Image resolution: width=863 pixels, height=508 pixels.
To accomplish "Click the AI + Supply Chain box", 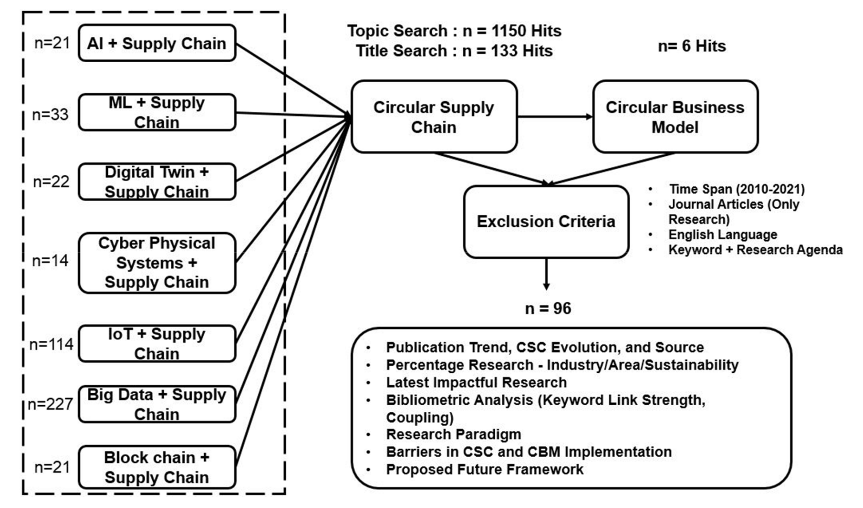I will [x=157, y=43].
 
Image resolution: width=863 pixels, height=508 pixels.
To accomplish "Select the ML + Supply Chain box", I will [x=157, y=112].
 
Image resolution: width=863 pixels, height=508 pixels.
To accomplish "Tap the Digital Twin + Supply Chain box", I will [x=157, y=182].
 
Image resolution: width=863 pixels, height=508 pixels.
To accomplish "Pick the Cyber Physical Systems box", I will [x=157, y=263].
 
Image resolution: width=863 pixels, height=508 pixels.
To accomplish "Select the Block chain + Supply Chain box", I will [x=157, y=467].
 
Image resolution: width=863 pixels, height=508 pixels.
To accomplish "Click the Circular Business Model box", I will [x=675, y=117].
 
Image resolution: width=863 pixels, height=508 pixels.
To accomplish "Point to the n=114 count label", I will [x=51, y=344].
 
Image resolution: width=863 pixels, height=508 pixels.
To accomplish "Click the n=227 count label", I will [x=50, y=404].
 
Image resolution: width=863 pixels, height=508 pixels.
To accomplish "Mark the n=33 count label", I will [x=50, y=114].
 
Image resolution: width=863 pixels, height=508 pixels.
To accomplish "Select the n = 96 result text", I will [x=548, y=309].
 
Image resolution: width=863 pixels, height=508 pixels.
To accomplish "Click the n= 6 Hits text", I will [x=692, y=46].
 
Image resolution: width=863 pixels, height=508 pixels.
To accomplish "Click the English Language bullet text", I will [x=723, y=234].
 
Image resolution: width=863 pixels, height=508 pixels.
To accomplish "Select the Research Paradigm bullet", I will [x=453, y=434].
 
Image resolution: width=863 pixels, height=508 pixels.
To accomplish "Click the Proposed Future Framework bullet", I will [x=484, y=469].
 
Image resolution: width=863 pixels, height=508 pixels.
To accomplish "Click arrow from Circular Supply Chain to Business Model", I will [x=555, y=117].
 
